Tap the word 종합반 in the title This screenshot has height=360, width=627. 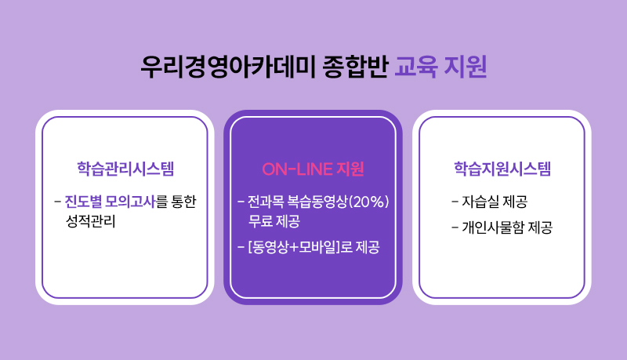(356, 67)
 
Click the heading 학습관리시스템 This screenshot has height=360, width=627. (125, 169)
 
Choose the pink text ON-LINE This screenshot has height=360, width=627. (298, 169)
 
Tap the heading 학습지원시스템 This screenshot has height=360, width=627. (502, 169)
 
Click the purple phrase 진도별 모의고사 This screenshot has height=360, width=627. (110, 202)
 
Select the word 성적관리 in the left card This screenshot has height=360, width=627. (91, 221)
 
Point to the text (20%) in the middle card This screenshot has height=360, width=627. (368, 202)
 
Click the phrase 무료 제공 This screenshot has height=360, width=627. (274, 221)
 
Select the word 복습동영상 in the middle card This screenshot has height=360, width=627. (317, 202)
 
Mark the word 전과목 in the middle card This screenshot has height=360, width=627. (266, 202)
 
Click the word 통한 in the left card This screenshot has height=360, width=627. (184, 202)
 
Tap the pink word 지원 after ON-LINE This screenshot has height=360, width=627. (350, 169)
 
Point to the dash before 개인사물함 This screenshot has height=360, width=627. (455, 227)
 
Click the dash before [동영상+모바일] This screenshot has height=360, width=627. (241, 247)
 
